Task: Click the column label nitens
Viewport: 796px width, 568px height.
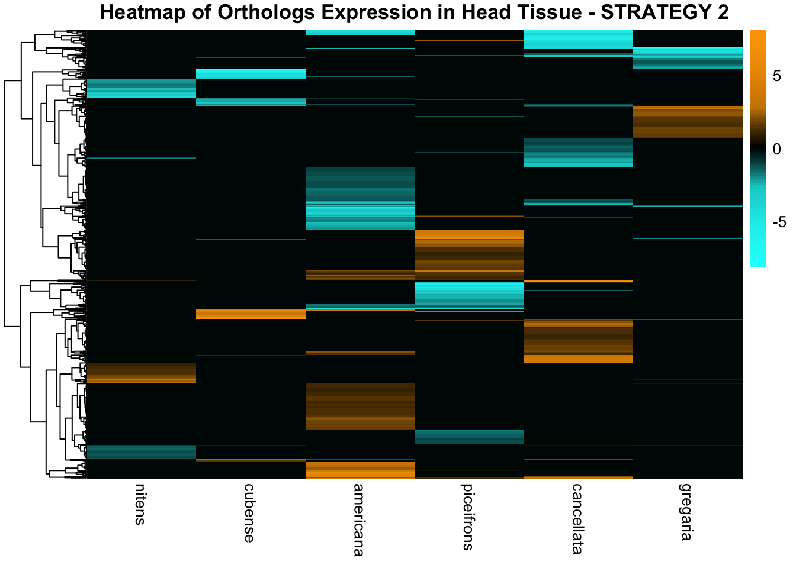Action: click(x=140, y=504)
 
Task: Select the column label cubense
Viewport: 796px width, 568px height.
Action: click(x=249, y=513)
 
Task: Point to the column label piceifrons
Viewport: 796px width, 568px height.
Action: click(x=468, y=517)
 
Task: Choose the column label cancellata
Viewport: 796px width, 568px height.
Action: click(x=577, y=518)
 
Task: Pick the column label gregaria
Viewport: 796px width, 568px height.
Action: click(x=686, y=512)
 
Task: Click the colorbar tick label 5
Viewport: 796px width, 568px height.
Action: click(x=776, y=78)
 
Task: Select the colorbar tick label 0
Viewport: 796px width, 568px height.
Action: click(x=776, y=149)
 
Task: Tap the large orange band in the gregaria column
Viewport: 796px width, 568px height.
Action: click(x=688, y=122)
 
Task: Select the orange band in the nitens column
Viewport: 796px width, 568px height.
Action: click(x=141, y=373)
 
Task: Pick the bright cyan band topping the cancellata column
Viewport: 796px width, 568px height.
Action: click(x=579, y=39)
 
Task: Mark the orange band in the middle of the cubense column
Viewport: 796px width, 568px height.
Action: click(x=251, y=314)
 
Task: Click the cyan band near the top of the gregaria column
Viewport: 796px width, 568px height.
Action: click(x=688, y=58)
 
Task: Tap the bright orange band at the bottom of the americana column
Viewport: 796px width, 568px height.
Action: click(x=360, y=470)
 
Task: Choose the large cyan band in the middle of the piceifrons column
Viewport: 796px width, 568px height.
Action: click(x=469, y=295)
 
